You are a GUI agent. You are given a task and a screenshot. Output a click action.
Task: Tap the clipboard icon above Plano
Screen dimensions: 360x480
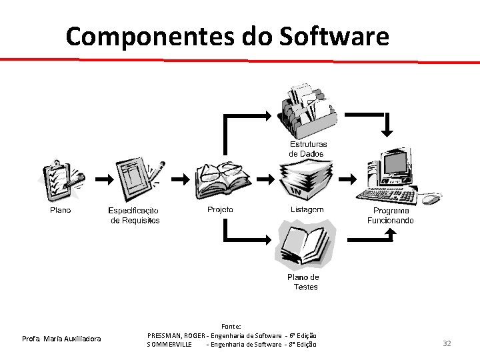(x=63, y=179)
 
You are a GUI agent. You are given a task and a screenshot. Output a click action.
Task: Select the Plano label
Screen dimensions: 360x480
(x=60, y=210)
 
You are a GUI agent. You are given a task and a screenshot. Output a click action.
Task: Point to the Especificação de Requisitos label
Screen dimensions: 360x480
(x=135, y=215)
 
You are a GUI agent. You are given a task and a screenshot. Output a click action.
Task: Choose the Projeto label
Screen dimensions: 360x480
(x=220, y=209)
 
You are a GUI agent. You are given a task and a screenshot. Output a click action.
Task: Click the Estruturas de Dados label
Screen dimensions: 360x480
(x=307, y=149)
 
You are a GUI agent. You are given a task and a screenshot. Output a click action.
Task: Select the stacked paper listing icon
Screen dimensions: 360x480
(x=306, y=181)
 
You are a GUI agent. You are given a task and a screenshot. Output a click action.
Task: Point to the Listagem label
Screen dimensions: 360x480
(x=307, y=209)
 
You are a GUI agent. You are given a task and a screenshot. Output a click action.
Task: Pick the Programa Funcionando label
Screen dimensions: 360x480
(x=391, y=215)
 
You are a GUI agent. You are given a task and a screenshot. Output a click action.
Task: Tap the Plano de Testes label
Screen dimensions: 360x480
(x=304, y=282)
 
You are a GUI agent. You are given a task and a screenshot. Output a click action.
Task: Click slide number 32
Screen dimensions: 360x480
(x=447, y=343)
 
